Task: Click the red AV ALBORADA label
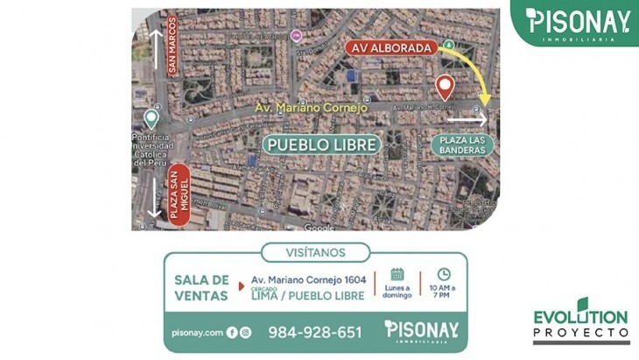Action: (390, 46)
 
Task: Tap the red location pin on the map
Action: (445, 86)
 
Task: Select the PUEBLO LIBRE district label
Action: (322, 145)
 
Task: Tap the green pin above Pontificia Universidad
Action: (151, 118)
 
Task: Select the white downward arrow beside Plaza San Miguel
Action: (155, 197)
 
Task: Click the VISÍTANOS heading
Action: (315, 253)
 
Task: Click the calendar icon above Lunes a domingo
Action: (397, 274)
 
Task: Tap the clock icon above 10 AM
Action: (443, 274)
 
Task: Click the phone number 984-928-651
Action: (314, 332)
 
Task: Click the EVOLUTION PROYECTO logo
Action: (580, 324)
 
